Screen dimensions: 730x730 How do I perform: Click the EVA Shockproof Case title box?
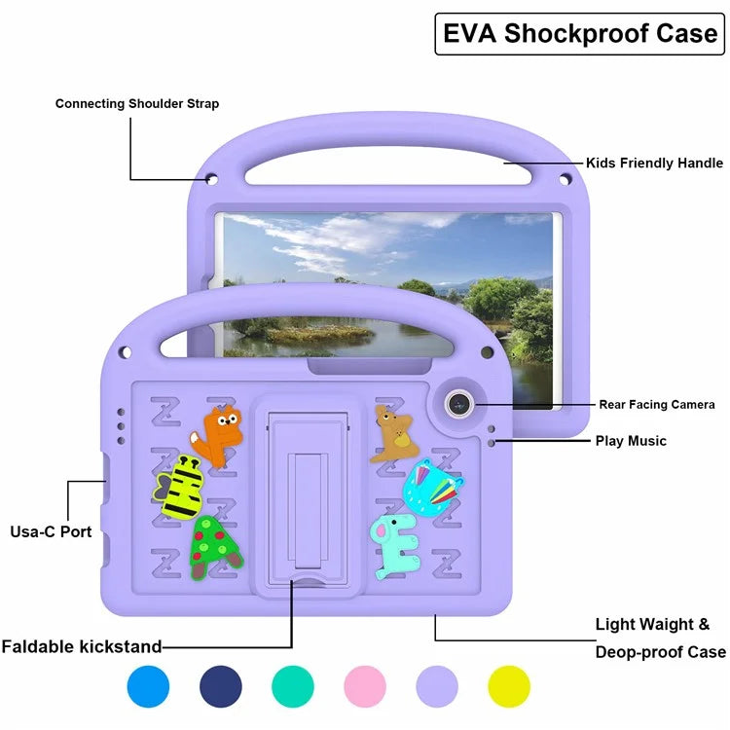[x=579, y=34]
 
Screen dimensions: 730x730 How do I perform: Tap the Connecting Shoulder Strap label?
[x=137, y=103]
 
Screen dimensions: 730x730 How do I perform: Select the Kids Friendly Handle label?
[x=653, y=164]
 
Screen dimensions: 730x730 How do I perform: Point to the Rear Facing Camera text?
[x=657, y=404]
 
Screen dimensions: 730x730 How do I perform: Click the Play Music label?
[x=631, y=441]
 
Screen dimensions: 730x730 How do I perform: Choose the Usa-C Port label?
[x=51, y=531]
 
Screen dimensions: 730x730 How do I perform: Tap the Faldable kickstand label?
[x=82, y=646]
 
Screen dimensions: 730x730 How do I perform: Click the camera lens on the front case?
[x=460, y=402]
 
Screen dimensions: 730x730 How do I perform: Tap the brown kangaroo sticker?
[x=394, y=433]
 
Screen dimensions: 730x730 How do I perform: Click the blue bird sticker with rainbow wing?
[x=432, y=486]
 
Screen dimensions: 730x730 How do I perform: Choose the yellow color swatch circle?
[x=509, y=686]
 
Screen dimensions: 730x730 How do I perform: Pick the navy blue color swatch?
[x=221, y=686]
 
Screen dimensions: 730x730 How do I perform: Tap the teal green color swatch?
[x=293, y=686]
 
